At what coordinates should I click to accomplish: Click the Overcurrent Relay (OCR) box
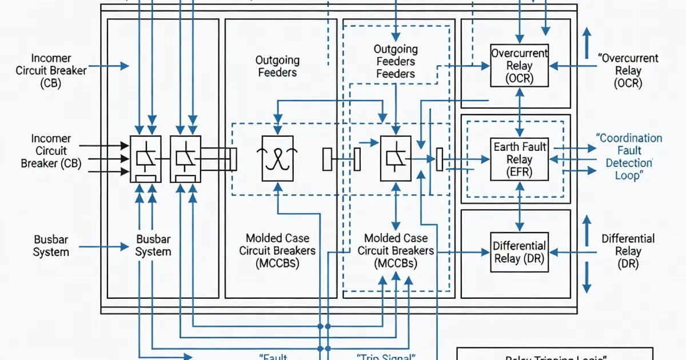coord(519,66)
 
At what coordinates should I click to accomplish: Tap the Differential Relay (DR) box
coord(519,251)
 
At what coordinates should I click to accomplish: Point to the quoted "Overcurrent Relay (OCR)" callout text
coord(628,71)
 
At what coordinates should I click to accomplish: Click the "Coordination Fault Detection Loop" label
coord(629,157)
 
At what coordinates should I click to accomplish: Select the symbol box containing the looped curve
coord(277,158)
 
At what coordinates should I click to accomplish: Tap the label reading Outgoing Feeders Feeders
coord(396,62)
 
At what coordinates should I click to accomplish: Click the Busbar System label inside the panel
coord(153,245)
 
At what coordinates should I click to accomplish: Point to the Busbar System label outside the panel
coord(51,246)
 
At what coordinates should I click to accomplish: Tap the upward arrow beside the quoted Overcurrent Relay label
coord(586,44)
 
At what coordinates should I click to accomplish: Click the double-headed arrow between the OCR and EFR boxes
coord(519,112)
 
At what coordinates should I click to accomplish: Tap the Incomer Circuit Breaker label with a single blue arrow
coord(51,71)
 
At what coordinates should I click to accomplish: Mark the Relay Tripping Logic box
coord(555,354)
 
